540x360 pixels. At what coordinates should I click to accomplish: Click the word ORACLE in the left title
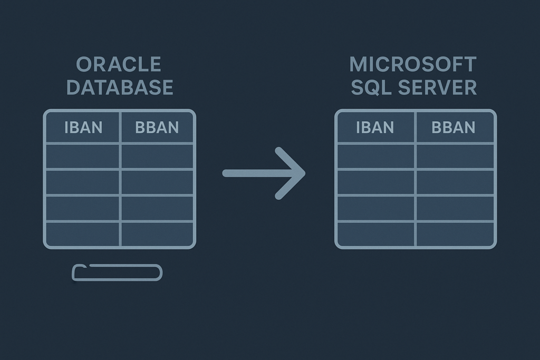pos(119,64)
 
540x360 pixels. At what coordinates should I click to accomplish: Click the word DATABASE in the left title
pos(120,87)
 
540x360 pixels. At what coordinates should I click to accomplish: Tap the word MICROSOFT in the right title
pos(413,64)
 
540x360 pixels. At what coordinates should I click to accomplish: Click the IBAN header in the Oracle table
pos(83,127)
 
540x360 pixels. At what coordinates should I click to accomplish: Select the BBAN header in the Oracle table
pos(157,127)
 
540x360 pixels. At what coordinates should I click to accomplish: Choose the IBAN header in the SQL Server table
pos(375,127)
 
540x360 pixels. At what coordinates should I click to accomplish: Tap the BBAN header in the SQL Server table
pos(454,127)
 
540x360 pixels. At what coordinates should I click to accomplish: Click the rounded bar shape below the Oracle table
pos(117,273)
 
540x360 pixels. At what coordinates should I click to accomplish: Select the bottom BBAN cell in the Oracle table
pos(157,234)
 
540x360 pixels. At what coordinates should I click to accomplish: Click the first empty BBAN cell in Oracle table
pos(157,156)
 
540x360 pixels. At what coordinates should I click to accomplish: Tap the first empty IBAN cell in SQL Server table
pos(375,156)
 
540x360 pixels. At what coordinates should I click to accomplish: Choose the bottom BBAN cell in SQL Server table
pos(455,234)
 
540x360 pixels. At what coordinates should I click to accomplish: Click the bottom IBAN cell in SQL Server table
pos(375,234)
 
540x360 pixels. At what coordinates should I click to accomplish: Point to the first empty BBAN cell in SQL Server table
pos(455,156)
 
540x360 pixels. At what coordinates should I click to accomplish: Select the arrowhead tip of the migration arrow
pos(303,173)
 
